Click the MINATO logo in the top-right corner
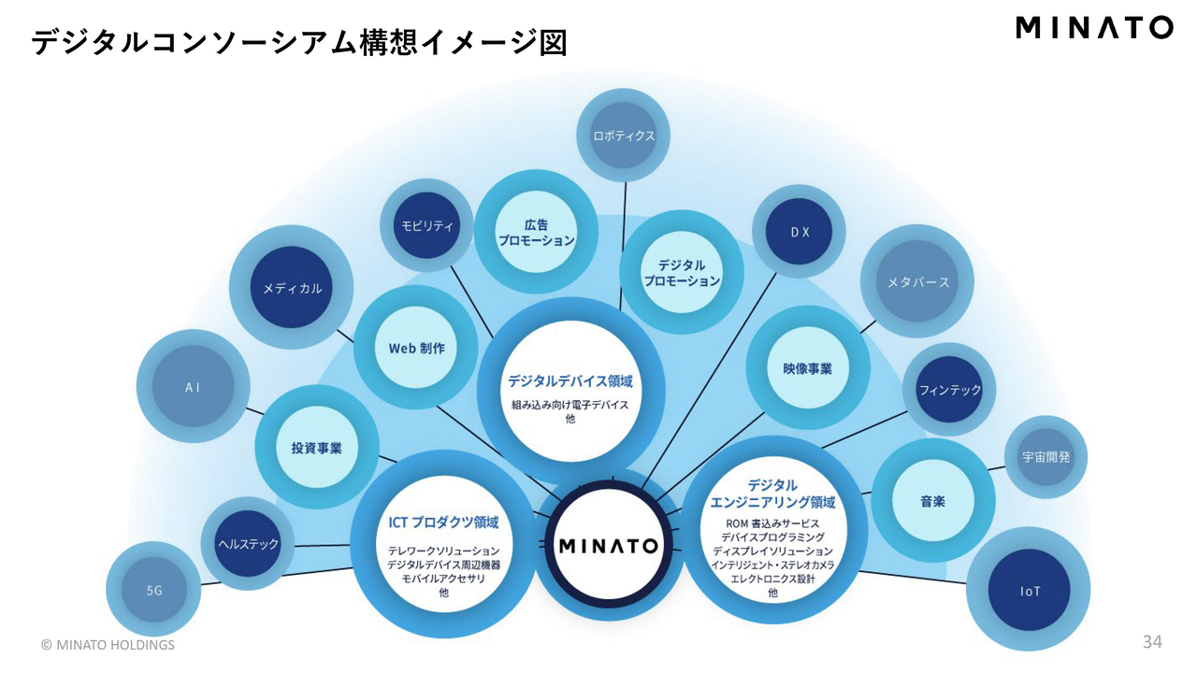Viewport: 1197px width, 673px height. point(1094,27)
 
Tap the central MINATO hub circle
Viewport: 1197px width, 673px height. point(609,545)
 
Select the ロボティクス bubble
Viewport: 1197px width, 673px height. point(624,136)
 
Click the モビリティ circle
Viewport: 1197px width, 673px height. point(427,225)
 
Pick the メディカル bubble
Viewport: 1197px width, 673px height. point(292,288)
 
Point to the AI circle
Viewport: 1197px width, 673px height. point(193,386)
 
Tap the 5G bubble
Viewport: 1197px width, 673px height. point(154,591)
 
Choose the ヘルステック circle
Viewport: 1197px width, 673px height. point(248,543)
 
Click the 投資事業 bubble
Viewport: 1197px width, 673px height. point(316,448)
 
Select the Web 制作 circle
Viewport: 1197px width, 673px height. point(416,348)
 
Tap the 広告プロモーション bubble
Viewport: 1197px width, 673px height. point(536,232)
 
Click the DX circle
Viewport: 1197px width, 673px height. point(800,232)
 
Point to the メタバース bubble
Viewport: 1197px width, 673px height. point(917,282)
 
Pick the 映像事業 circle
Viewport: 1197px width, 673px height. point(807,368)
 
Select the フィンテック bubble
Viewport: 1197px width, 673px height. point(949,390)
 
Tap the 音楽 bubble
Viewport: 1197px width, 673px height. point(931,501)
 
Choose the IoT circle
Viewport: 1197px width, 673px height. point(1029,591)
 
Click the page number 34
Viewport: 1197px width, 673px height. point(1152,642)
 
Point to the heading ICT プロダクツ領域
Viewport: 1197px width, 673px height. point(443,523)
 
